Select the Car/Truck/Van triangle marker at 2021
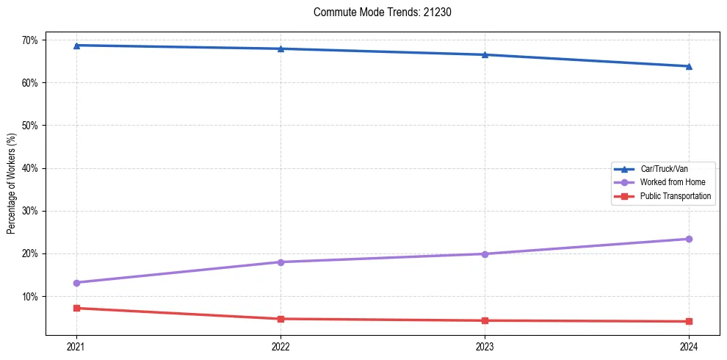[76, 46]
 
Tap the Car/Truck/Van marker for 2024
[689, 66]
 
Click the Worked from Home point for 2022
[281, 262]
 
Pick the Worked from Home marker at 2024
[689, 239]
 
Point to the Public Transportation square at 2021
[76, 308]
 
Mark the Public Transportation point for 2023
[485, 320]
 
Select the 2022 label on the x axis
[281, 346]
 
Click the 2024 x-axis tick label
[689, 346]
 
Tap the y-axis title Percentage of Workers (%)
[11, 184]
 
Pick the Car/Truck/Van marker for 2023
[485, 54]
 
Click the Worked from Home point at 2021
[76, 283]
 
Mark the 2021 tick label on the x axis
[76, 346]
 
